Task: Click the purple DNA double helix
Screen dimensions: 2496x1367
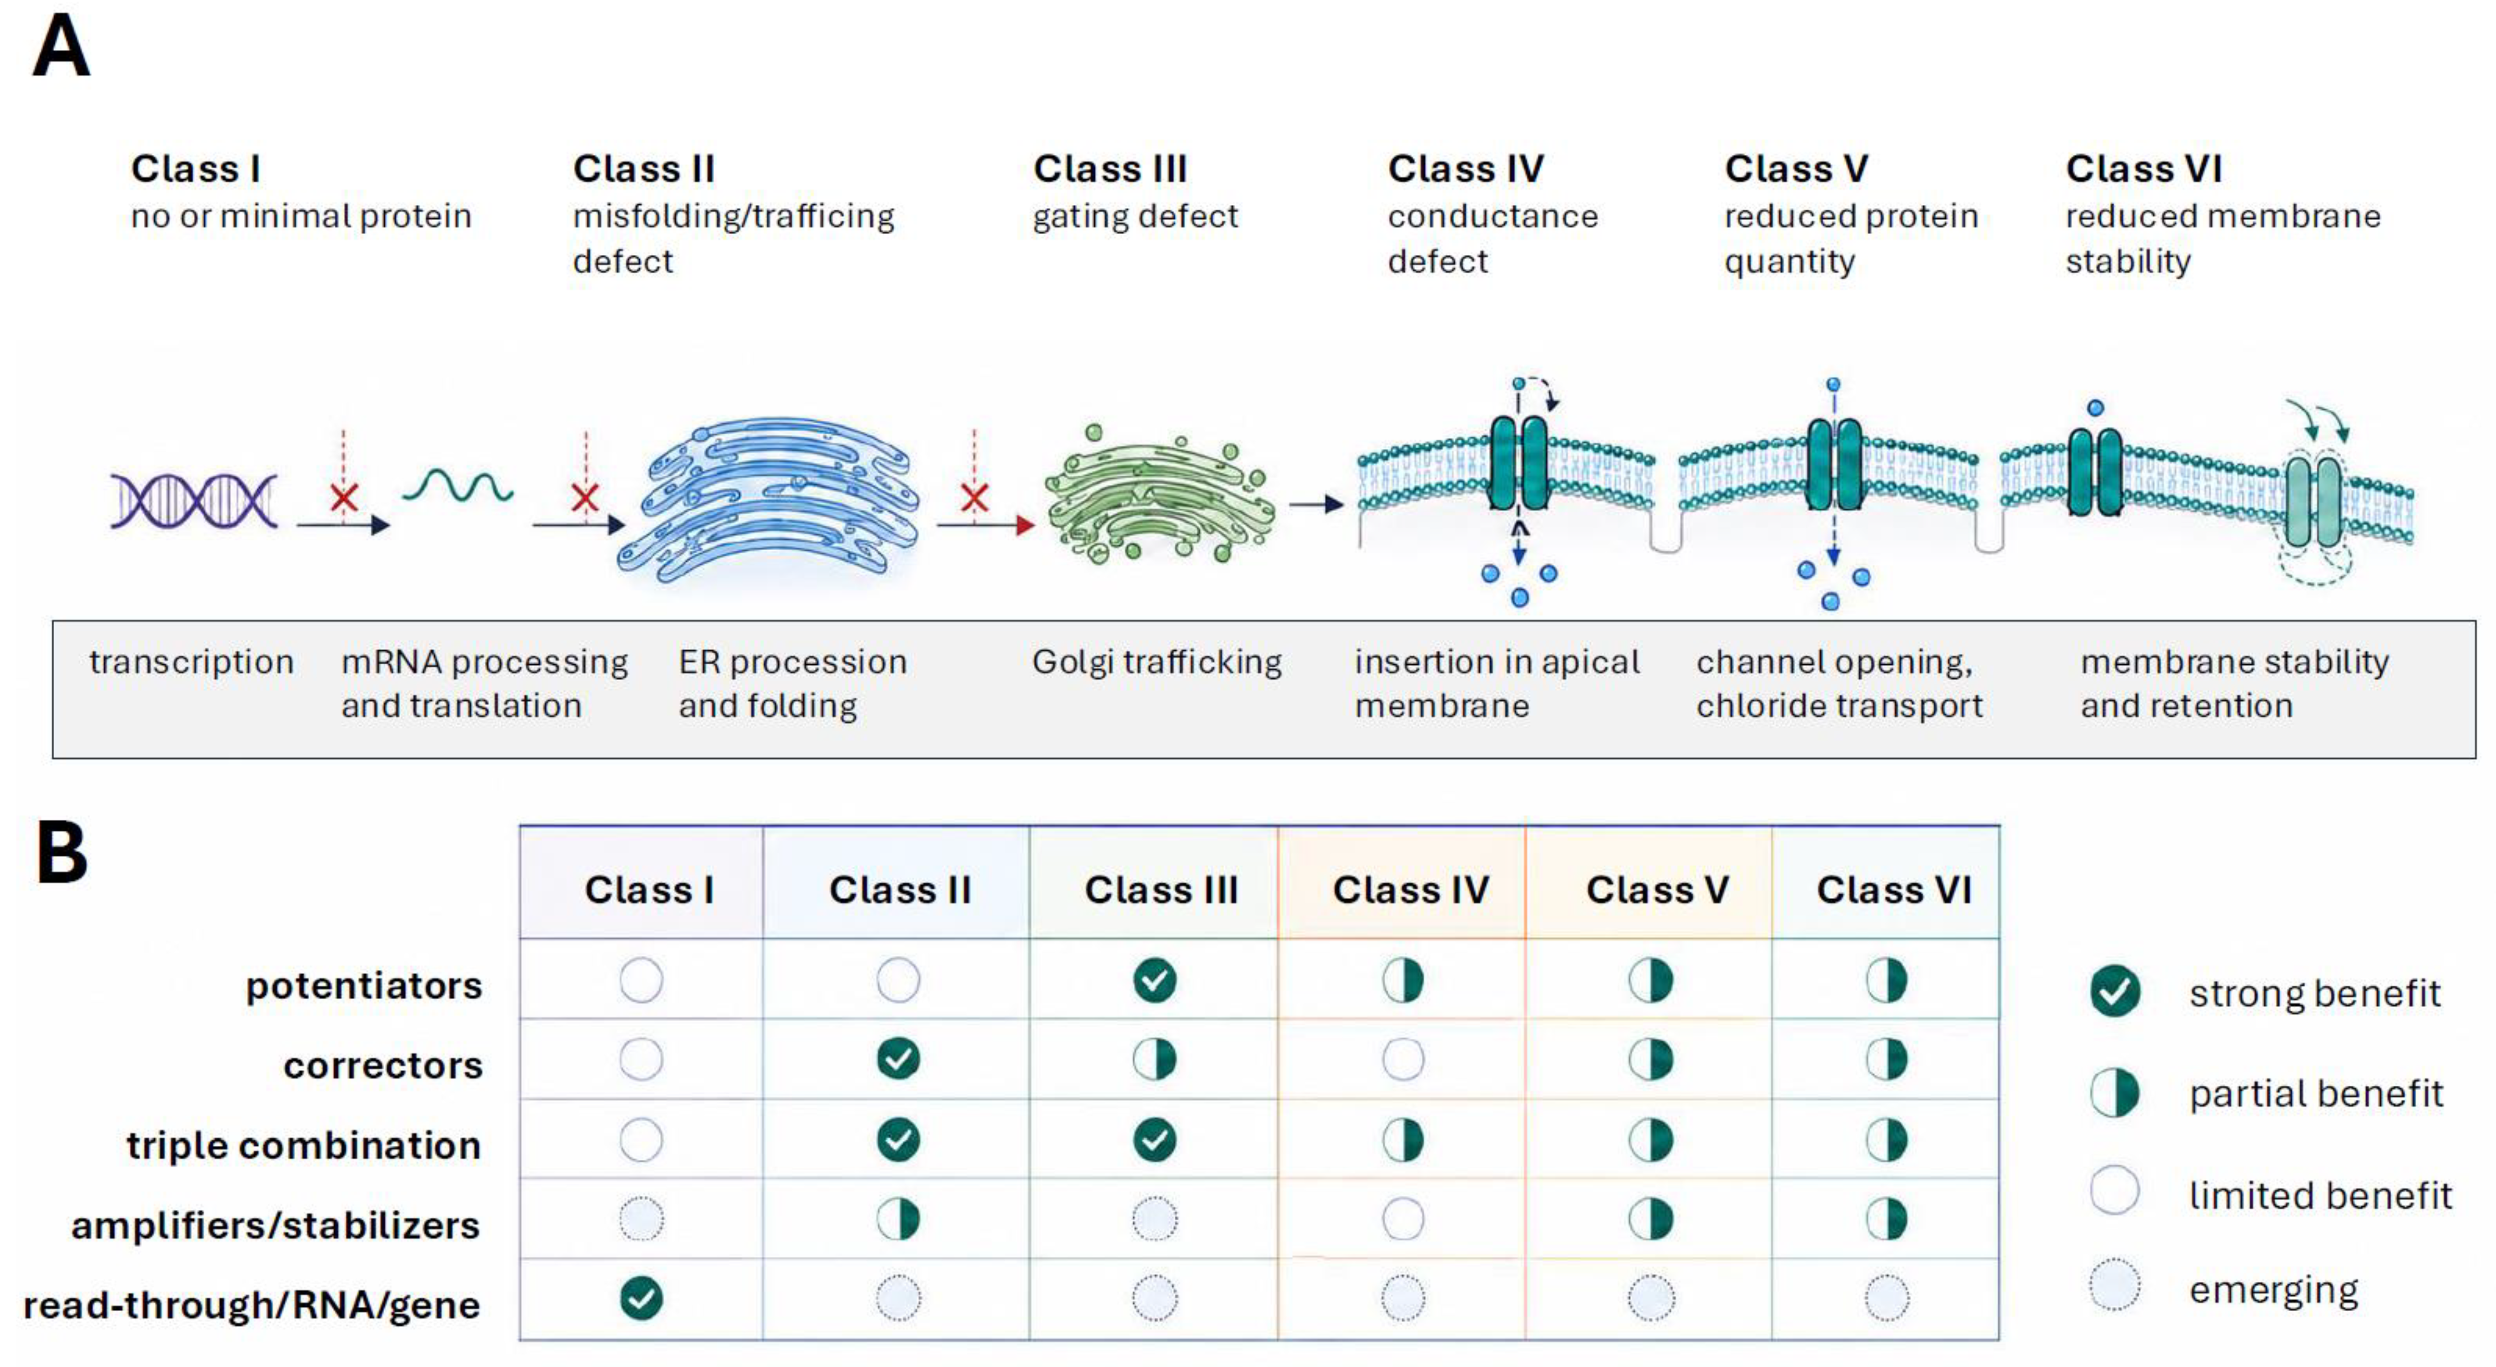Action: (194, 501)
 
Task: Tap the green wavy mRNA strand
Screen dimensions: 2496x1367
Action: (458, 484)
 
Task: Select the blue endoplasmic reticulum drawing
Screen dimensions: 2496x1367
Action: (768, 499)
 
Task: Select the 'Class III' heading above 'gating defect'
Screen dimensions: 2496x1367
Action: (1111, 169)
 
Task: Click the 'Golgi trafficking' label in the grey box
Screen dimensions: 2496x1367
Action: (1157, 662)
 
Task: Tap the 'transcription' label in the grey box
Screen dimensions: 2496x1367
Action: (191, 662)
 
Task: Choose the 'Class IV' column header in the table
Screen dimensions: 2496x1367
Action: (1411, 890)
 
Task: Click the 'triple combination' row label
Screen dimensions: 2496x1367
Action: (303, 1145)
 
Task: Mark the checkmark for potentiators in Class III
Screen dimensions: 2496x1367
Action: (1155, 980)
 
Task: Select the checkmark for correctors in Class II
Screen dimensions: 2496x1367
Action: (898, 1059)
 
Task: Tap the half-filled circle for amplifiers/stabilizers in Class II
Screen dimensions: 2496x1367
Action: (898, 1219)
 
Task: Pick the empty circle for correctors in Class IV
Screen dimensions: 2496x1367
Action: (1403, 1059)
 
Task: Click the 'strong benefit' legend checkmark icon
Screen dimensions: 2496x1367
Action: (2115, 991)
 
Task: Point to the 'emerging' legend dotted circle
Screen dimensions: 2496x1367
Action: (2115, 1285)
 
